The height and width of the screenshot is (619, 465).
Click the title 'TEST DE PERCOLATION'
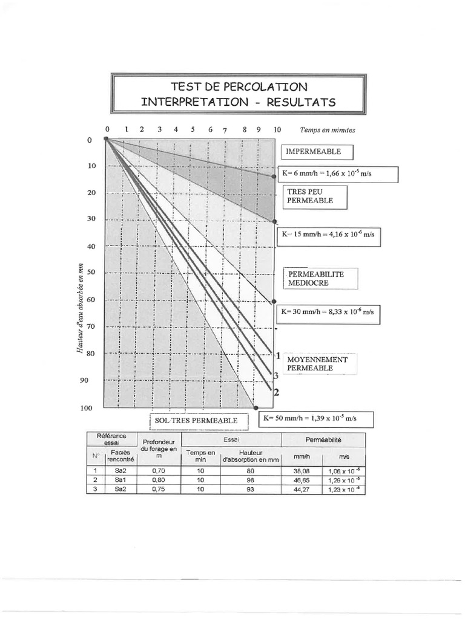coord(239,87)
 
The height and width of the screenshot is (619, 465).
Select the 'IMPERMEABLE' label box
coord(316,152)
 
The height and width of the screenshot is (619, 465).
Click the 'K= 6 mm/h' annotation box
coord(337,174)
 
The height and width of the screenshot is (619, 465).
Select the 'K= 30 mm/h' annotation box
coord(328,313)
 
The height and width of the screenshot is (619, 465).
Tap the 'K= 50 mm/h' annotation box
coord(315,418)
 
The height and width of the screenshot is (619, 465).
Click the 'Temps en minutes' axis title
coord(328,130)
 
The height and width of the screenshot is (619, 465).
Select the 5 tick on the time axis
coord(193,129)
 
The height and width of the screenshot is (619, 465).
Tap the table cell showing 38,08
coord(302,472)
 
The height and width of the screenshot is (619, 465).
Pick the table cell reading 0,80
coord(159,481)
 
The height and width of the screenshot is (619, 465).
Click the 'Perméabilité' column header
coord(324,440)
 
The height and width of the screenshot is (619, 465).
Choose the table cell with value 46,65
coord(302,481)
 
